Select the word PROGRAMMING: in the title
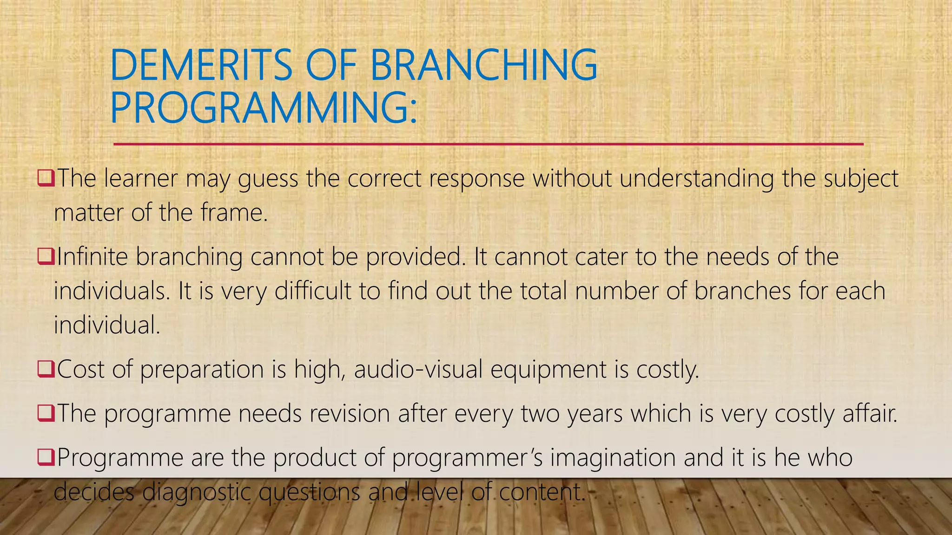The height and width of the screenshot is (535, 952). coord(263,108)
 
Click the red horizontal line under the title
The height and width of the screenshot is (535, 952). coord(488,144)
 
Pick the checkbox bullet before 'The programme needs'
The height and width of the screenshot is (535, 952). coord(46,413)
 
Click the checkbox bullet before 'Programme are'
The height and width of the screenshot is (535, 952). coord(46,457)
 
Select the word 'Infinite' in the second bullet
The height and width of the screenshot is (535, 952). coord(92,257)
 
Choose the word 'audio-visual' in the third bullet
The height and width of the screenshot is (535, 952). coord(418,370)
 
